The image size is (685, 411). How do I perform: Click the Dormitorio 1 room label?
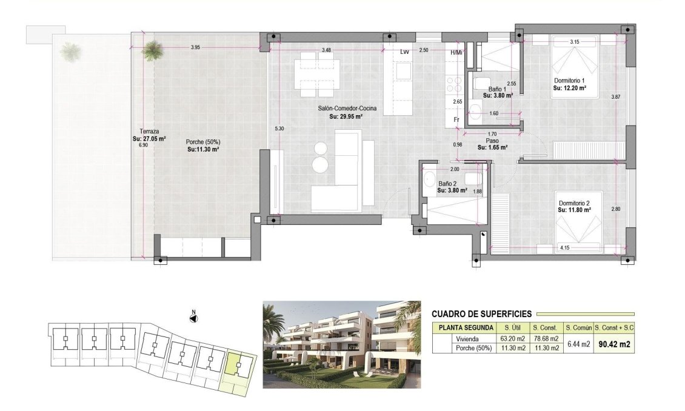tap(569, 81)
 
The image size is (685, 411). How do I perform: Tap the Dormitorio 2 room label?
tap(573, 203)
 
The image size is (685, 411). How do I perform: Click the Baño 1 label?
tap(497, 89)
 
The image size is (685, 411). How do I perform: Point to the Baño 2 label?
tap(447, 184)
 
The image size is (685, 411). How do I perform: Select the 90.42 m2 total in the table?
tap(614, 344)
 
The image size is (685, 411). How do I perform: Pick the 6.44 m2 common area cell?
tap(578, 344)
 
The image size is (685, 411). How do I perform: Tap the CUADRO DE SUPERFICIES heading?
tap(481, 314)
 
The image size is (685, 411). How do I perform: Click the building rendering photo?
tap(341, 344)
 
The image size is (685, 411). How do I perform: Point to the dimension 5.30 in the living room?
tap(279, 129)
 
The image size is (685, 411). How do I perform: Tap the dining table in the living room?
tap(316, 75)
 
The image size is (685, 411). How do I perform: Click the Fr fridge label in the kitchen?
tap(456, 120)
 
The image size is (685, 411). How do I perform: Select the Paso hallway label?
tap(492, 140)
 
